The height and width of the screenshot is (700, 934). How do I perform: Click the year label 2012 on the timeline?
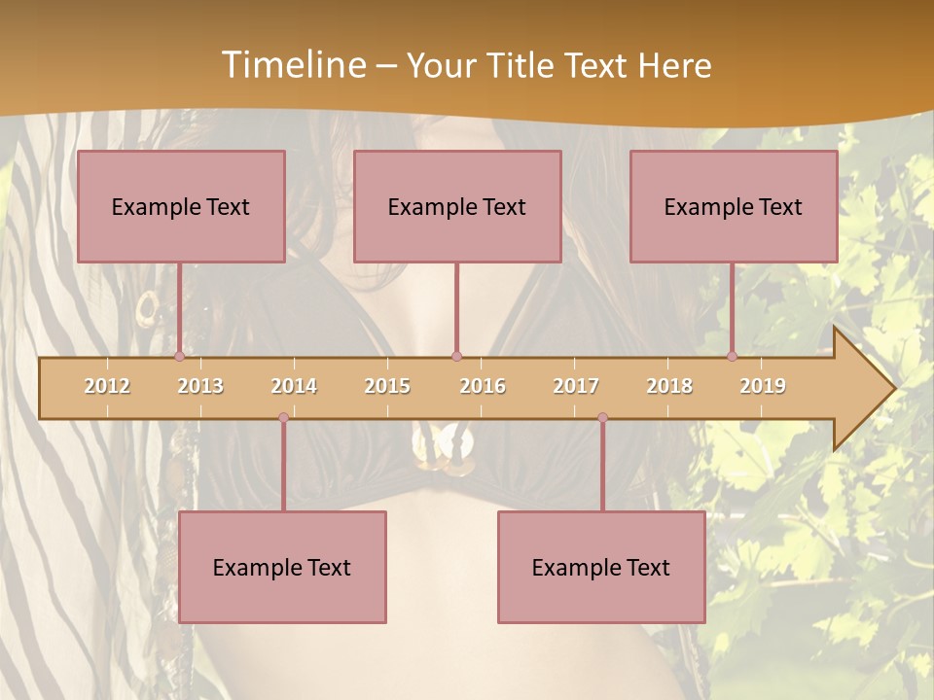click(107, 386)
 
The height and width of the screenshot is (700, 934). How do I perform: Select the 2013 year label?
click(200, 386)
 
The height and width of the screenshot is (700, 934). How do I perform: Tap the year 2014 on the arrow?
click(294, 386)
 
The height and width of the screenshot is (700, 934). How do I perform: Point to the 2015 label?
click(387, 386)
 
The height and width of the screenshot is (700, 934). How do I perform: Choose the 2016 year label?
click(483, 386)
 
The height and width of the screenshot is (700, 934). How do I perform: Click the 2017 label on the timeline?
click(576, 386)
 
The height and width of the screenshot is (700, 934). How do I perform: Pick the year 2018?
click(669, 386)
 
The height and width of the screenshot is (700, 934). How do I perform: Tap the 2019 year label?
click(763, 386)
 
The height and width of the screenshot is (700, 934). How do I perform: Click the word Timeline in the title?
click(292, 65)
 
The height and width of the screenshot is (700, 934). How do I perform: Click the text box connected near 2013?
click(181, 206)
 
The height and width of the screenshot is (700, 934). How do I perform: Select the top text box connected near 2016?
click(457, 206)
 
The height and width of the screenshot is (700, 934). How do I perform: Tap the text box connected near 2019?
click(734, 206)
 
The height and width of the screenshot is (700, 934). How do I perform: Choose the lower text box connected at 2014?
click(282, 567)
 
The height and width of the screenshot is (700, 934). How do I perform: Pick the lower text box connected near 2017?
click(601, 567)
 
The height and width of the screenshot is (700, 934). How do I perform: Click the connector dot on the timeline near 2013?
click(179, 357)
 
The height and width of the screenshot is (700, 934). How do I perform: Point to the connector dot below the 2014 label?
click(283, 418)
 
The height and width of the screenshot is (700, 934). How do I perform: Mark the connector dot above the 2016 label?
click(456, 357)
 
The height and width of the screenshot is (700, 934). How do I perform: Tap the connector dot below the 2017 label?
click(602, 418)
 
